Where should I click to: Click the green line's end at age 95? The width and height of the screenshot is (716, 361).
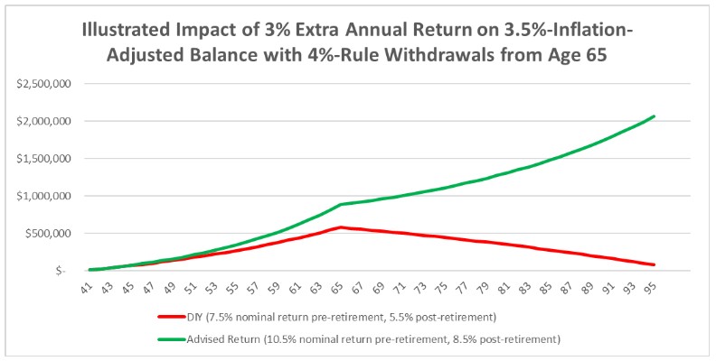[654, 116]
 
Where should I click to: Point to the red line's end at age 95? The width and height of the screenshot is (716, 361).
[654, 264]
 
